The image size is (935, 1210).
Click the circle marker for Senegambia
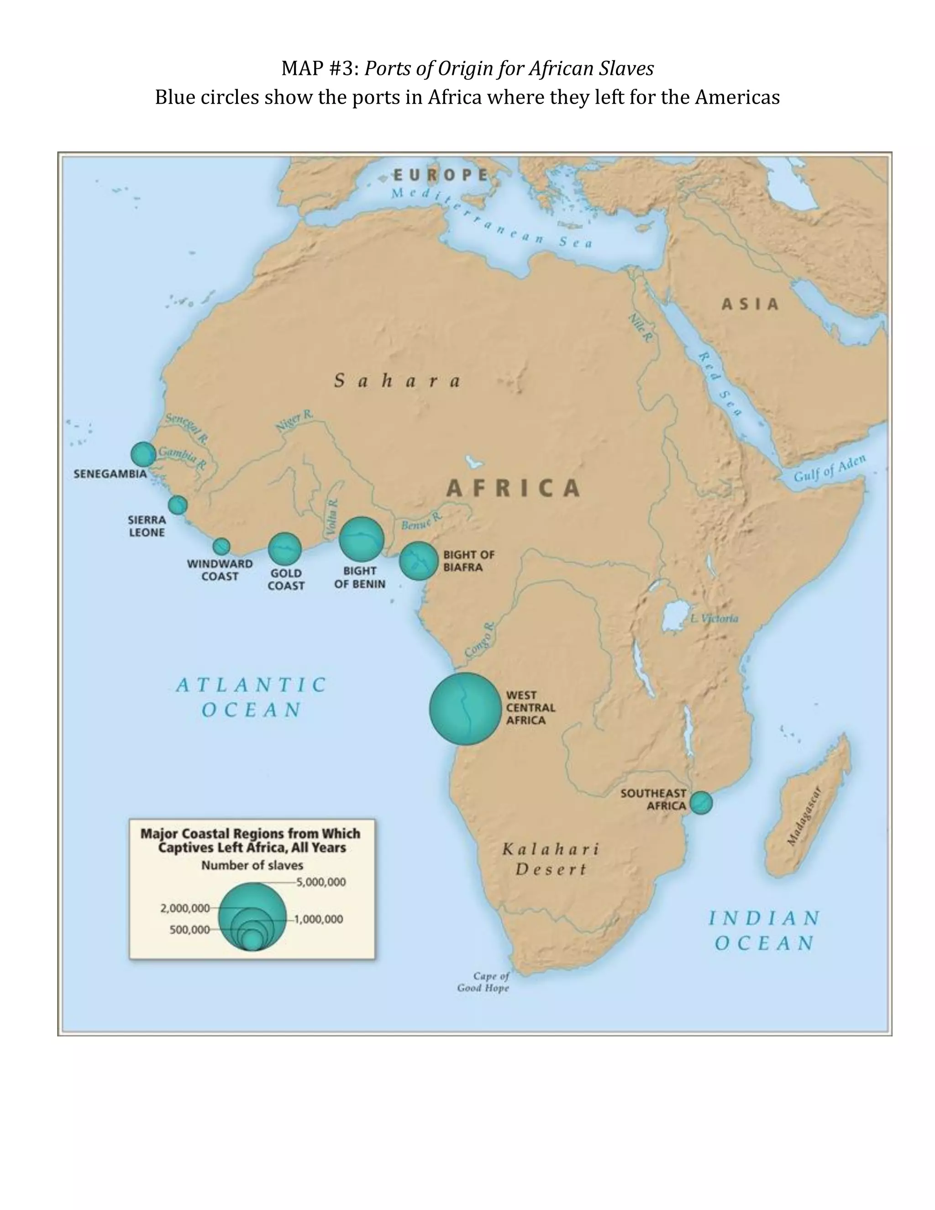(x=143, y=454)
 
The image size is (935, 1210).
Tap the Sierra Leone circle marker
(x=178, y=505)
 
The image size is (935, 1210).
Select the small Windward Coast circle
(x=221, y=546)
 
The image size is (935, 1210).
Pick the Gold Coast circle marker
(x=285, y=549)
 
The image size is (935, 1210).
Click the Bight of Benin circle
(x=361, y=539)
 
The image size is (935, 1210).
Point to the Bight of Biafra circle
(x=418, y=561)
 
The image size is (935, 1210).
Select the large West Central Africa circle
(x=465, y=709)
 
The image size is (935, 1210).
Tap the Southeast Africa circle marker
(x=701, y=803)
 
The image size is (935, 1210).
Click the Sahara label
(x=397, y=381)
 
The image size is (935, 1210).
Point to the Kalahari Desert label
(x=551, y=859)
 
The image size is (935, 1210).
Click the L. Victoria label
(x=714, y=618)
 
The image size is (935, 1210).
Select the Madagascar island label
(x=804, y=817)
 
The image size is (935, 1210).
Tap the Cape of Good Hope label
(x=483, y=982)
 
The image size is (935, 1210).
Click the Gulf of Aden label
(x=829, y=469)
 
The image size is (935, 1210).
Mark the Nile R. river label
(x=640, y=327)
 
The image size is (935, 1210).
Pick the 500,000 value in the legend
(x=189, y=930)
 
